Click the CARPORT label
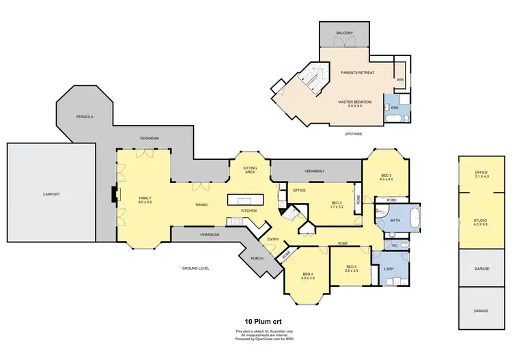pos(51,194)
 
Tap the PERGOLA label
pos(85,117)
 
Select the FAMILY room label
pos(144,199)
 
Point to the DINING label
pos(201,205)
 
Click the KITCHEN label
pos(248,210)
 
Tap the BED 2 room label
pos(336,204)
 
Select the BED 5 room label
pos(352,268)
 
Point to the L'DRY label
pos(389,268)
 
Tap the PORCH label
pos(257,258)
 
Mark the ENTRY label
pos(273,239)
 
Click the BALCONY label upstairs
pos(345,33)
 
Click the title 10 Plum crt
pos(264,320)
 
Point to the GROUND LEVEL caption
pos(195,268)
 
